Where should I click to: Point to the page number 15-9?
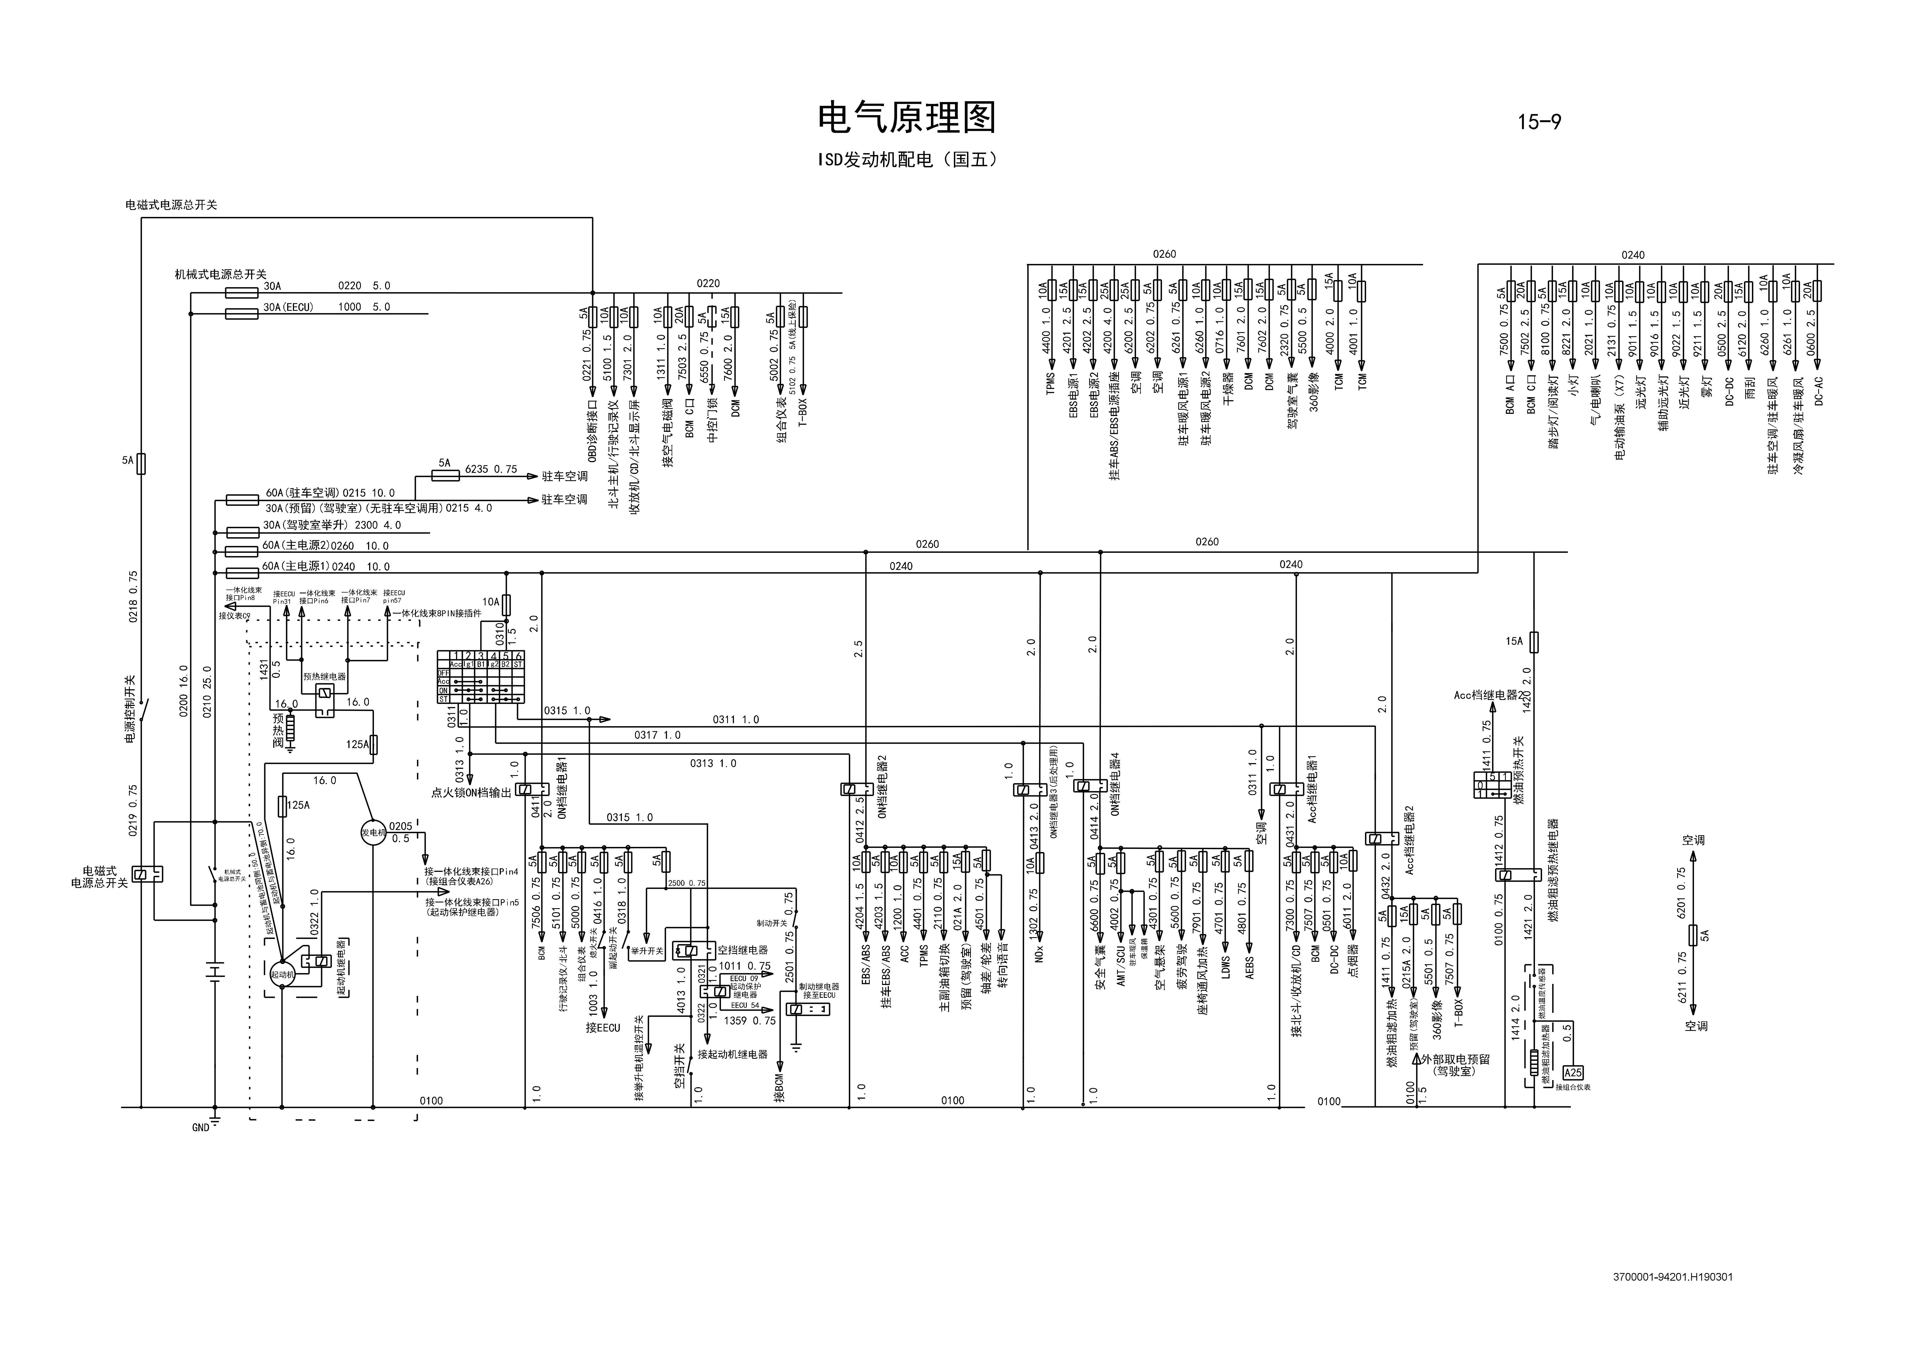[x=1539, y=122]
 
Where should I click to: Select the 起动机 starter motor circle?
[x=282, y=973]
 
